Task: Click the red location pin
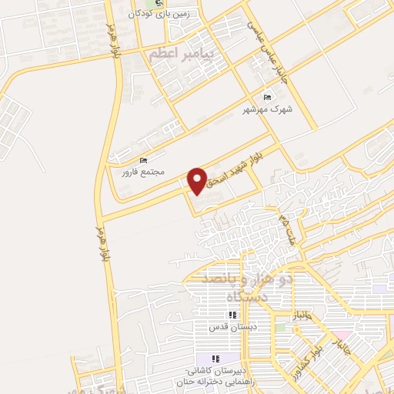click(x=198, y=180)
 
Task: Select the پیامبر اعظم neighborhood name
click(x=189, y=55)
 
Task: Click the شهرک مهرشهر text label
click(x=266, y=109)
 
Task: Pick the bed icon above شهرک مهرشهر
click(x=267, y=97)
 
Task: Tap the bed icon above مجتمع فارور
click(x=144, y=160)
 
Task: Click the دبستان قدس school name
click(x=232, y=327)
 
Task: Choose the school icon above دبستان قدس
click(x=232, y=315)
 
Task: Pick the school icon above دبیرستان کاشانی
click(x=216, y=359)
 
